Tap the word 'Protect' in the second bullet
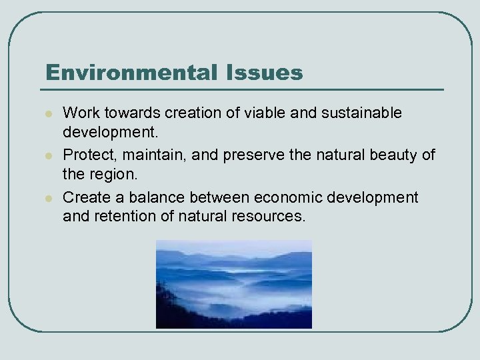(85, 155)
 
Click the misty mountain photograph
(234, 284)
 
